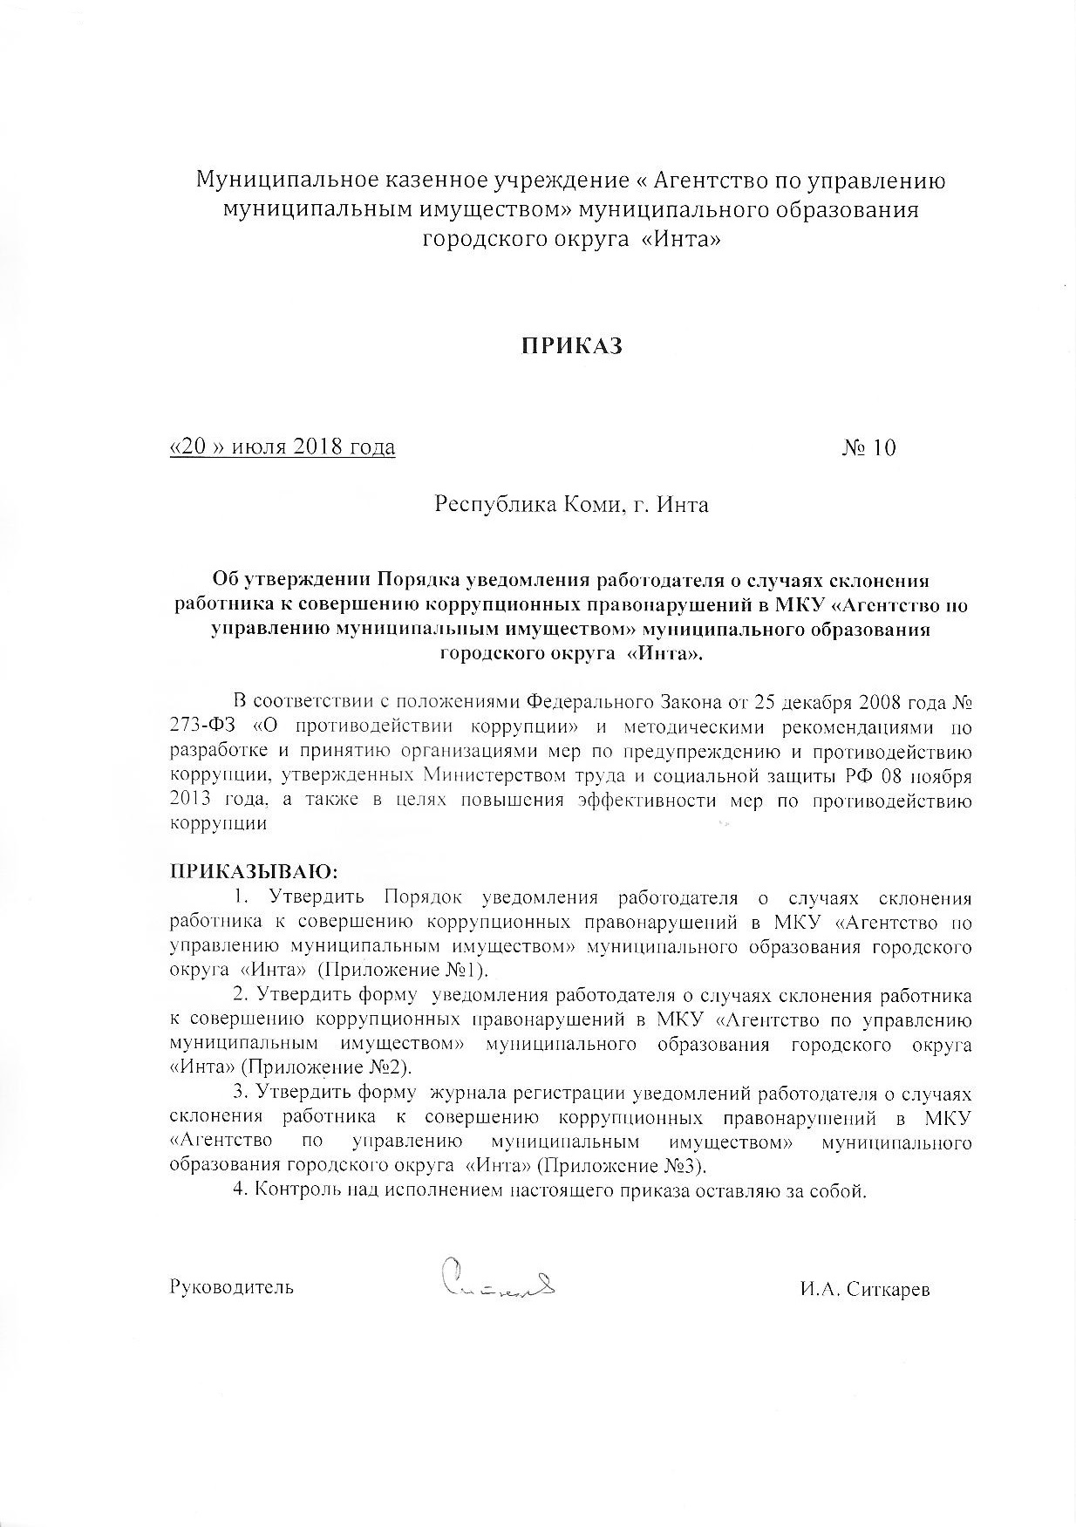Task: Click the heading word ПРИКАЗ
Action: click(572, 346)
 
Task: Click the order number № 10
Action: click(868, 448)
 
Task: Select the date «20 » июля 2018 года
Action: click(282, 448)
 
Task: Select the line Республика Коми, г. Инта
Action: click(571, 505)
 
